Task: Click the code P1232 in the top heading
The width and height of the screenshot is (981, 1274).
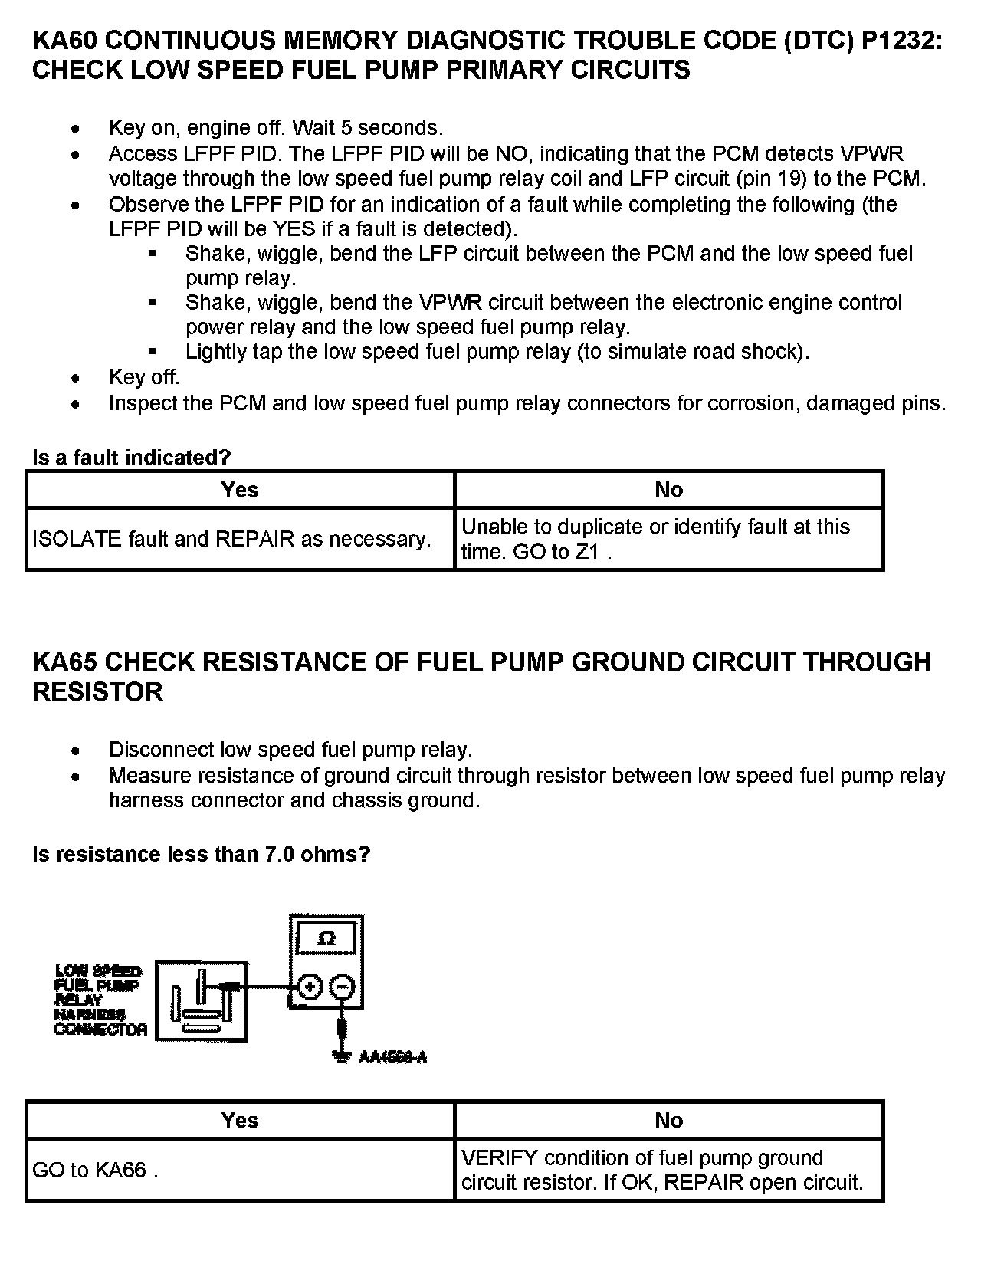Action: coord(899,41)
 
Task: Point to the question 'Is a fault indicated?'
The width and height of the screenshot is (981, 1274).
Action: coord(131,458)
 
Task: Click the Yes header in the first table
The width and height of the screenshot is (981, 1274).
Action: coord(239,490)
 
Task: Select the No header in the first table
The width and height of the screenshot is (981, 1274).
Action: coord(668,490)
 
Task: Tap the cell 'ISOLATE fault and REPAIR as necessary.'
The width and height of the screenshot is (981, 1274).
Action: coord(231,539)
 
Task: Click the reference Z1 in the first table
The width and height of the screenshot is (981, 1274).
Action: coord(587,552)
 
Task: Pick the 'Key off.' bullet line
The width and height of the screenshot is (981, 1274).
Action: coord(144,377)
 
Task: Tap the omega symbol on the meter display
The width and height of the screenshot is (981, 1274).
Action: coord(326,938)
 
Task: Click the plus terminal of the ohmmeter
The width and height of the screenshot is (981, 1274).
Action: coord(308,987)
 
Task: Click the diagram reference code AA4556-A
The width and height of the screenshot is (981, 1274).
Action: coord(392,1058)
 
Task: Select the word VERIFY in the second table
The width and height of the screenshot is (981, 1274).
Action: coord(499,1157)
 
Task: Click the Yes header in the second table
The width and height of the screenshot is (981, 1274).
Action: coord(239,1120)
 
